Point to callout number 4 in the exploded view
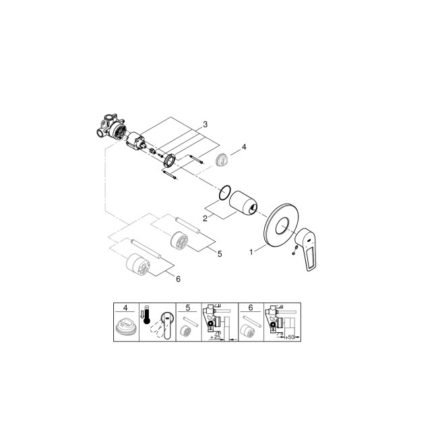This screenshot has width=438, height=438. point(245,147)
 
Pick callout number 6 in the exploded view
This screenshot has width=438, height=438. point(178,278)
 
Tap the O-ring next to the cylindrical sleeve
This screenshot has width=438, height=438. point(227,191)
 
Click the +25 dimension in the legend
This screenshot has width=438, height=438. point(218,337)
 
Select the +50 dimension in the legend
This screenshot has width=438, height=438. point(292,337)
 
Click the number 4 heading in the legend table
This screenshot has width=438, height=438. point(124,308)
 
